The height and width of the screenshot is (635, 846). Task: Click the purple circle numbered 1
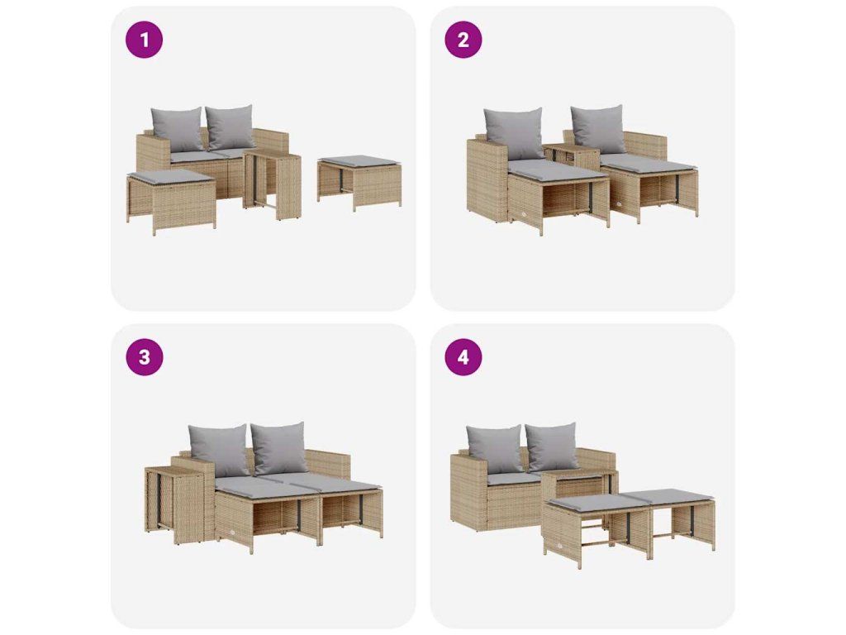144,40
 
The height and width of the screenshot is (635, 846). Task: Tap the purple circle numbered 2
463,40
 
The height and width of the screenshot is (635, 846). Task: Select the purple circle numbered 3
144,357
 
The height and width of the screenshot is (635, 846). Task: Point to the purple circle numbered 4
463,357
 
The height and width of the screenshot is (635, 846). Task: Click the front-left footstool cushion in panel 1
171,177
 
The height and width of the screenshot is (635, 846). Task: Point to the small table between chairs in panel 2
572,156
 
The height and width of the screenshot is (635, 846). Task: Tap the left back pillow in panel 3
217,450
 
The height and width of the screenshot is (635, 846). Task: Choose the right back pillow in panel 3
279,447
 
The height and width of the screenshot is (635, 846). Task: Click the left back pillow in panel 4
495,449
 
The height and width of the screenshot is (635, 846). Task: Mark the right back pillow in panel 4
551,446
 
